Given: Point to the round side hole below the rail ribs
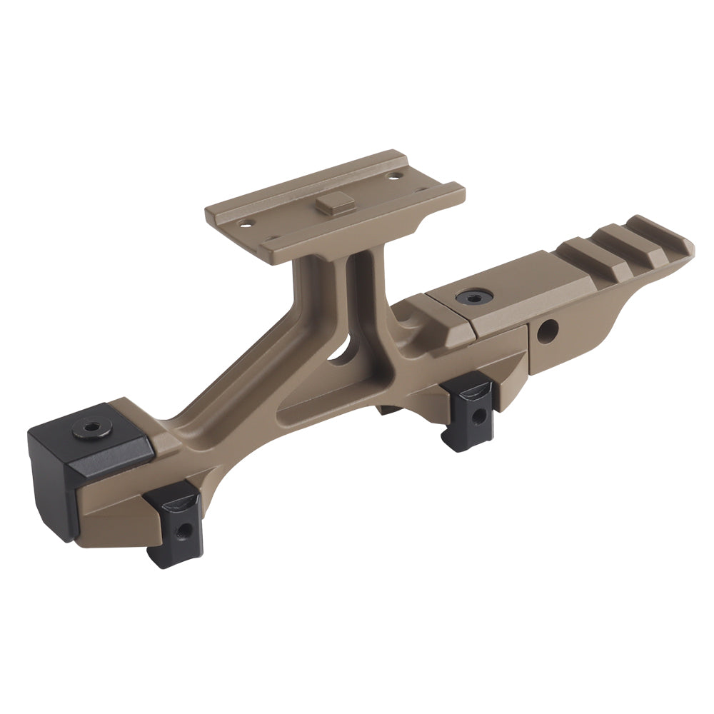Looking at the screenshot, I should (x=548, y=331).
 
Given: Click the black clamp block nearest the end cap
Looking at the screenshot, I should (x=174, y=523).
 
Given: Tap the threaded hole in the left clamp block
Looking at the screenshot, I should (x=185, y=530).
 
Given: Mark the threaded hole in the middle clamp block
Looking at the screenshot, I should (x=479, y=415).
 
